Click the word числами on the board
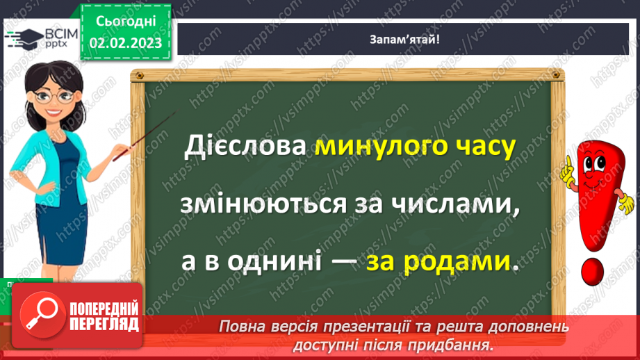(447, 206)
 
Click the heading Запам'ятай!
(406, 39)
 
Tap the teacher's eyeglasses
(53, 95)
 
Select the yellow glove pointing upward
(570, 170)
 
